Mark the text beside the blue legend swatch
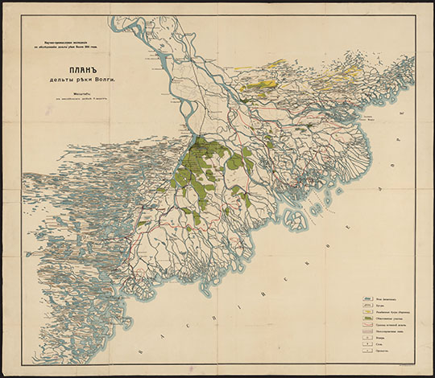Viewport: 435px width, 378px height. (x=383, y=298)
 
